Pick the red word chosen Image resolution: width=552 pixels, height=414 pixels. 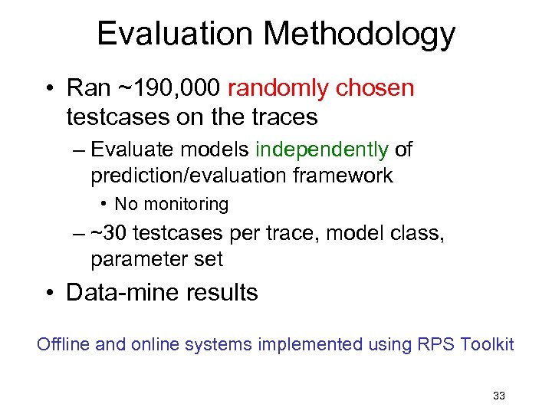[x=379, y=88]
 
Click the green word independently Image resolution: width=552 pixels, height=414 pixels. [x=322, y=149]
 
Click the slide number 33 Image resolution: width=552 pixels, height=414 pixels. [x=498, y=396]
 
